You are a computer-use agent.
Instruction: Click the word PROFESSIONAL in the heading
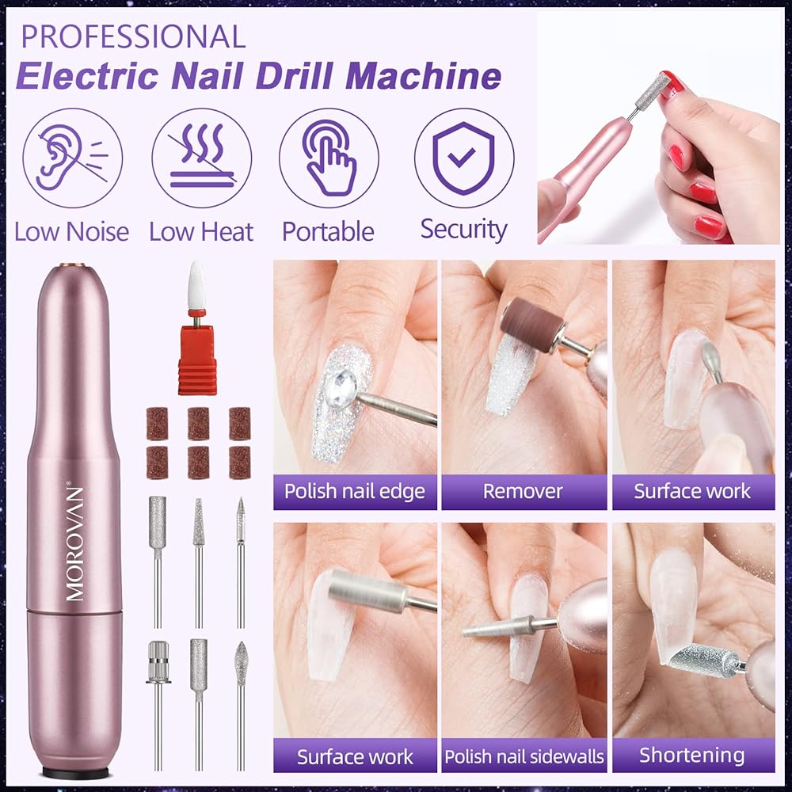(133, 36)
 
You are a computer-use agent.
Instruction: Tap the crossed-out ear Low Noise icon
(72, 158)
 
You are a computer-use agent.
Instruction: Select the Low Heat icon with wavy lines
(201, 158)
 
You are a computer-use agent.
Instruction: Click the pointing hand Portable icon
(329, 158)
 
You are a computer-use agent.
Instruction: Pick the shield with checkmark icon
(464, 158)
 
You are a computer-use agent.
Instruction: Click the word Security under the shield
(463, 230)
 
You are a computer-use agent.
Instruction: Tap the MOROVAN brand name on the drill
(74, 543)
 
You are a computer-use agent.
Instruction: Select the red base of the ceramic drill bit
(197, 360)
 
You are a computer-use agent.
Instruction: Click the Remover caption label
(524, 492)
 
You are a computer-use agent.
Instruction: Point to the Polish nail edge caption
(355, 492)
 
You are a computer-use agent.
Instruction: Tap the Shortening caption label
(692, 755)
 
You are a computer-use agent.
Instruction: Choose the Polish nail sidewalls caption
(524, 756)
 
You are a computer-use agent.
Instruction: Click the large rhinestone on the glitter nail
(341, 387)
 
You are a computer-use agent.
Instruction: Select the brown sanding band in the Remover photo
(532, 324)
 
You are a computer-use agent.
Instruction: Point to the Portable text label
(329, 232)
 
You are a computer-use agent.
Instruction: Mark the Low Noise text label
(72, 232)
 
